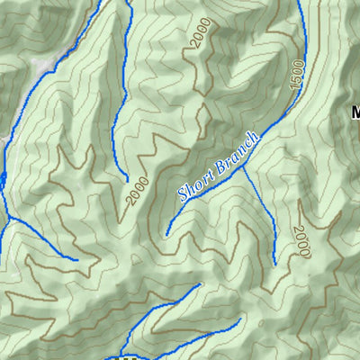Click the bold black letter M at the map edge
click(355, 112)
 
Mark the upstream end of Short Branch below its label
click(166, 235)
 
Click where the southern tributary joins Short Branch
click(244, 162)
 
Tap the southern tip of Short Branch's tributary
click(274, 264)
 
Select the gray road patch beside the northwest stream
click(40, 66)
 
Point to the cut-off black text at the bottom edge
click(126, 356)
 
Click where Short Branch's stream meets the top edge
click(300, 2)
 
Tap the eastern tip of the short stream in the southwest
click(76, 260)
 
